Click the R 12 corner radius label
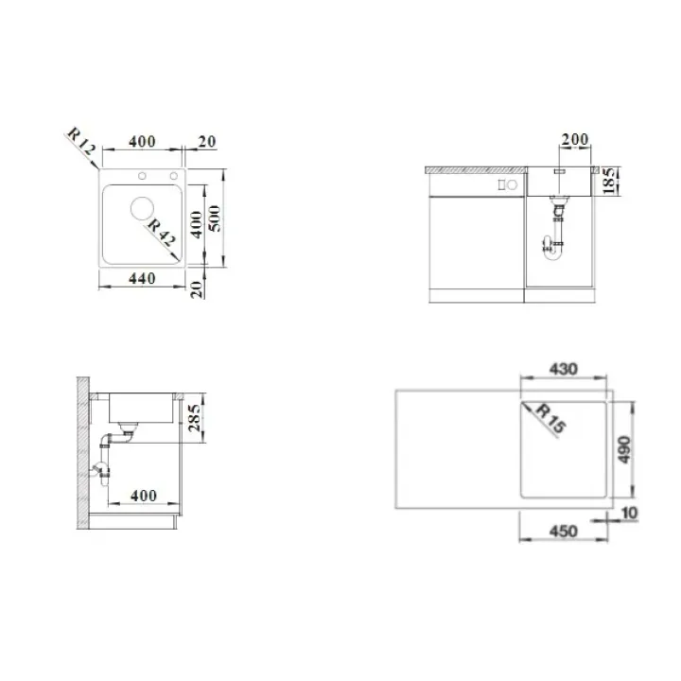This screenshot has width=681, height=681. pos(81,141)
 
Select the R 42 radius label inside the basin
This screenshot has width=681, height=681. pos(162,233)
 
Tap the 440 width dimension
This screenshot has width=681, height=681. pos(142,278)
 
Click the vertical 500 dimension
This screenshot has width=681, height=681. pos(215,218)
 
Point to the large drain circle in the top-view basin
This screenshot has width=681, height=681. pos(142,208)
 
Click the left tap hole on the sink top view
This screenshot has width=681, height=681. pos(142,176)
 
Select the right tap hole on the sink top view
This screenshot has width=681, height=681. pos(174,176)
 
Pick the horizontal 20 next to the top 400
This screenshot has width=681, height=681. pos(207,142)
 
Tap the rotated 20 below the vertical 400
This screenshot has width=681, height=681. pos(197,289)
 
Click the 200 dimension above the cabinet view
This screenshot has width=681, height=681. pos(575,139)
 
